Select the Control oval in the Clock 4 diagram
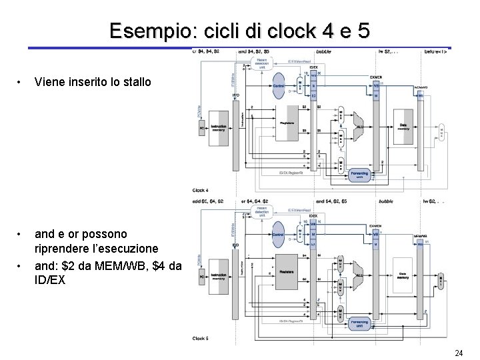click(x=279, y=86)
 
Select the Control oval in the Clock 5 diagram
click(x=279, y=236)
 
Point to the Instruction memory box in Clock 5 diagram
click(x=218, y=276)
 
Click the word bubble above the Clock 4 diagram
click(x=323, y=51)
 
